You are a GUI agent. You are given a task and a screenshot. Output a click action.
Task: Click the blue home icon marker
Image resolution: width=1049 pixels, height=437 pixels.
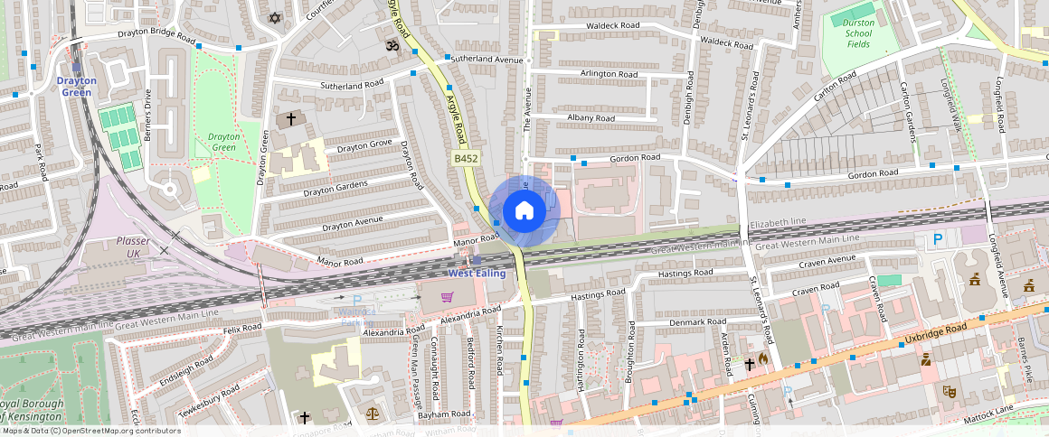click(x=524, y=210)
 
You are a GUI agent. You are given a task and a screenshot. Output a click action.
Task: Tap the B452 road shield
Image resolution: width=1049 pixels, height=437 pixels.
click(x=466, y=158)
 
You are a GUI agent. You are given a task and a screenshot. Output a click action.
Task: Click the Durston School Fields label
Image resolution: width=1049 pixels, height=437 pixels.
click(x=858, y=34)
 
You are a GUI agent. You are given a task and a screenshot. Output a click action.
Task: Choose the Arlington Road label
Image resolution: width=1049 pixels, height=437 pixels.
click(x=584, y=73)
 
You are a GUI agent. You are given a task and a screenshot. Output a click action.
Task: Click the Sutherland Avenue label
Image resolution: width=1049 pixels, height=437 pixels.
click(x=487, y=60)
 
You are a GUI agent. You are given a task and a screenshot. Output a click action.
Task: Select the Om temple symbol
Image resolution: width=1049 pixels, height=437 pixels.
click(x=392, y=44)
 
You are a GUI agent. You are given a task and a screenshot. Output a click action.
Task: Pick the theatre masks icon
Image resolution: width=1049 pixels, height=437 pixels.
click(x=950, y=392)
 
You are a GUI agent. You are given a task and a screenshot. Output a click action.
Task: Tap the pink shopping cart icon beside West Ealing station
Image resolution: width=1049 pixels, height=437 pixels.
click(x=446, y=296)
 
